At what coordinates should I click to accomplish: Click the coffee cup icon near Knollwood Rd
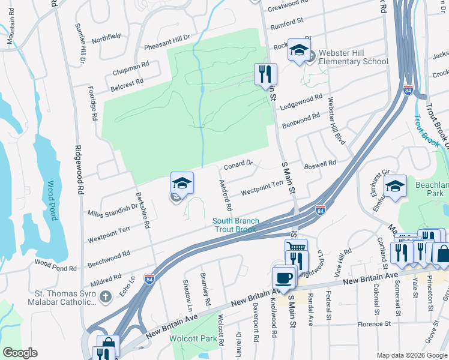284,278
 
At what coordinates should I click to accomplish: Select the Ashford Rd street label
225,196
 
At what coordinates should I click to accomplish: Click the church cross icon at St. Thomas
105,296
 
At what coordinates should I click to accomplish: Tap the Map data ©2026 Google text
411,355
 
